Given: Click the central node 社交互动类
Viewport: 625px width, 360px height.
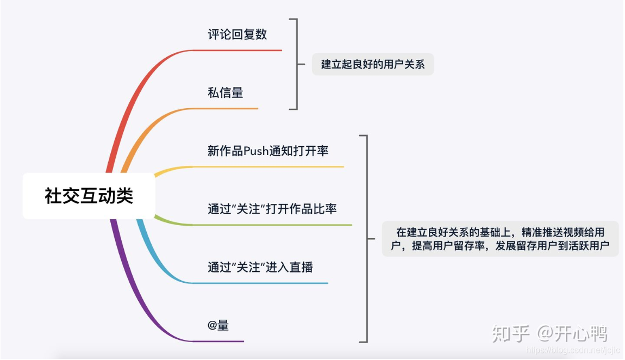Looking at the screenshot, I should [x=89, y=196].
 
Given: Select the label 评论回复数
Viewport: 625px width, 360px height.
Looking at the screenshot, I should [x=237, y=34].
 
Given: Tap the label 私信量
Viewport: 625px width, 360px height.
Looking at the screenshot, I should [x=225, y=92].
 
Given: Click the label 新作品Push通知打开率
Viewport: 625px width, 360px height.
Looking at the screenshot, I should [x=268, y=151].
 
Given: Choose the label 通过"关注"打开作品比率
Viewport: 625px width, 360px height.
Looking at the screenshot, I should [x=272, y=209].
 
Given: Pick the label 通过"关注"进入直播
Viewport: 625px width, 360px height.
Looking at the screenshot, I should [x=260, y=267].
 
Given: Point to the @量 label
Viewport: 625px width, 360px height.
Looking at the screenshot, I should [x=218, y=326].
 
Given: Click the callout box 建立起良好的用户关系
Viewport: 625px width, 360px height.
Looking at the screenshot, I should [x=373, y=64].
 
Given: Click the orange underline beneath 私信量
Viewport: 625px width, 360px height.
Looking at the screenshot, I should [x=226, y=109].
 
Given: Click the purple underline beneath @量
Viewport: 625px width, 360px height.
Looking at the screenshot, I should [x=218, y=342].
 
